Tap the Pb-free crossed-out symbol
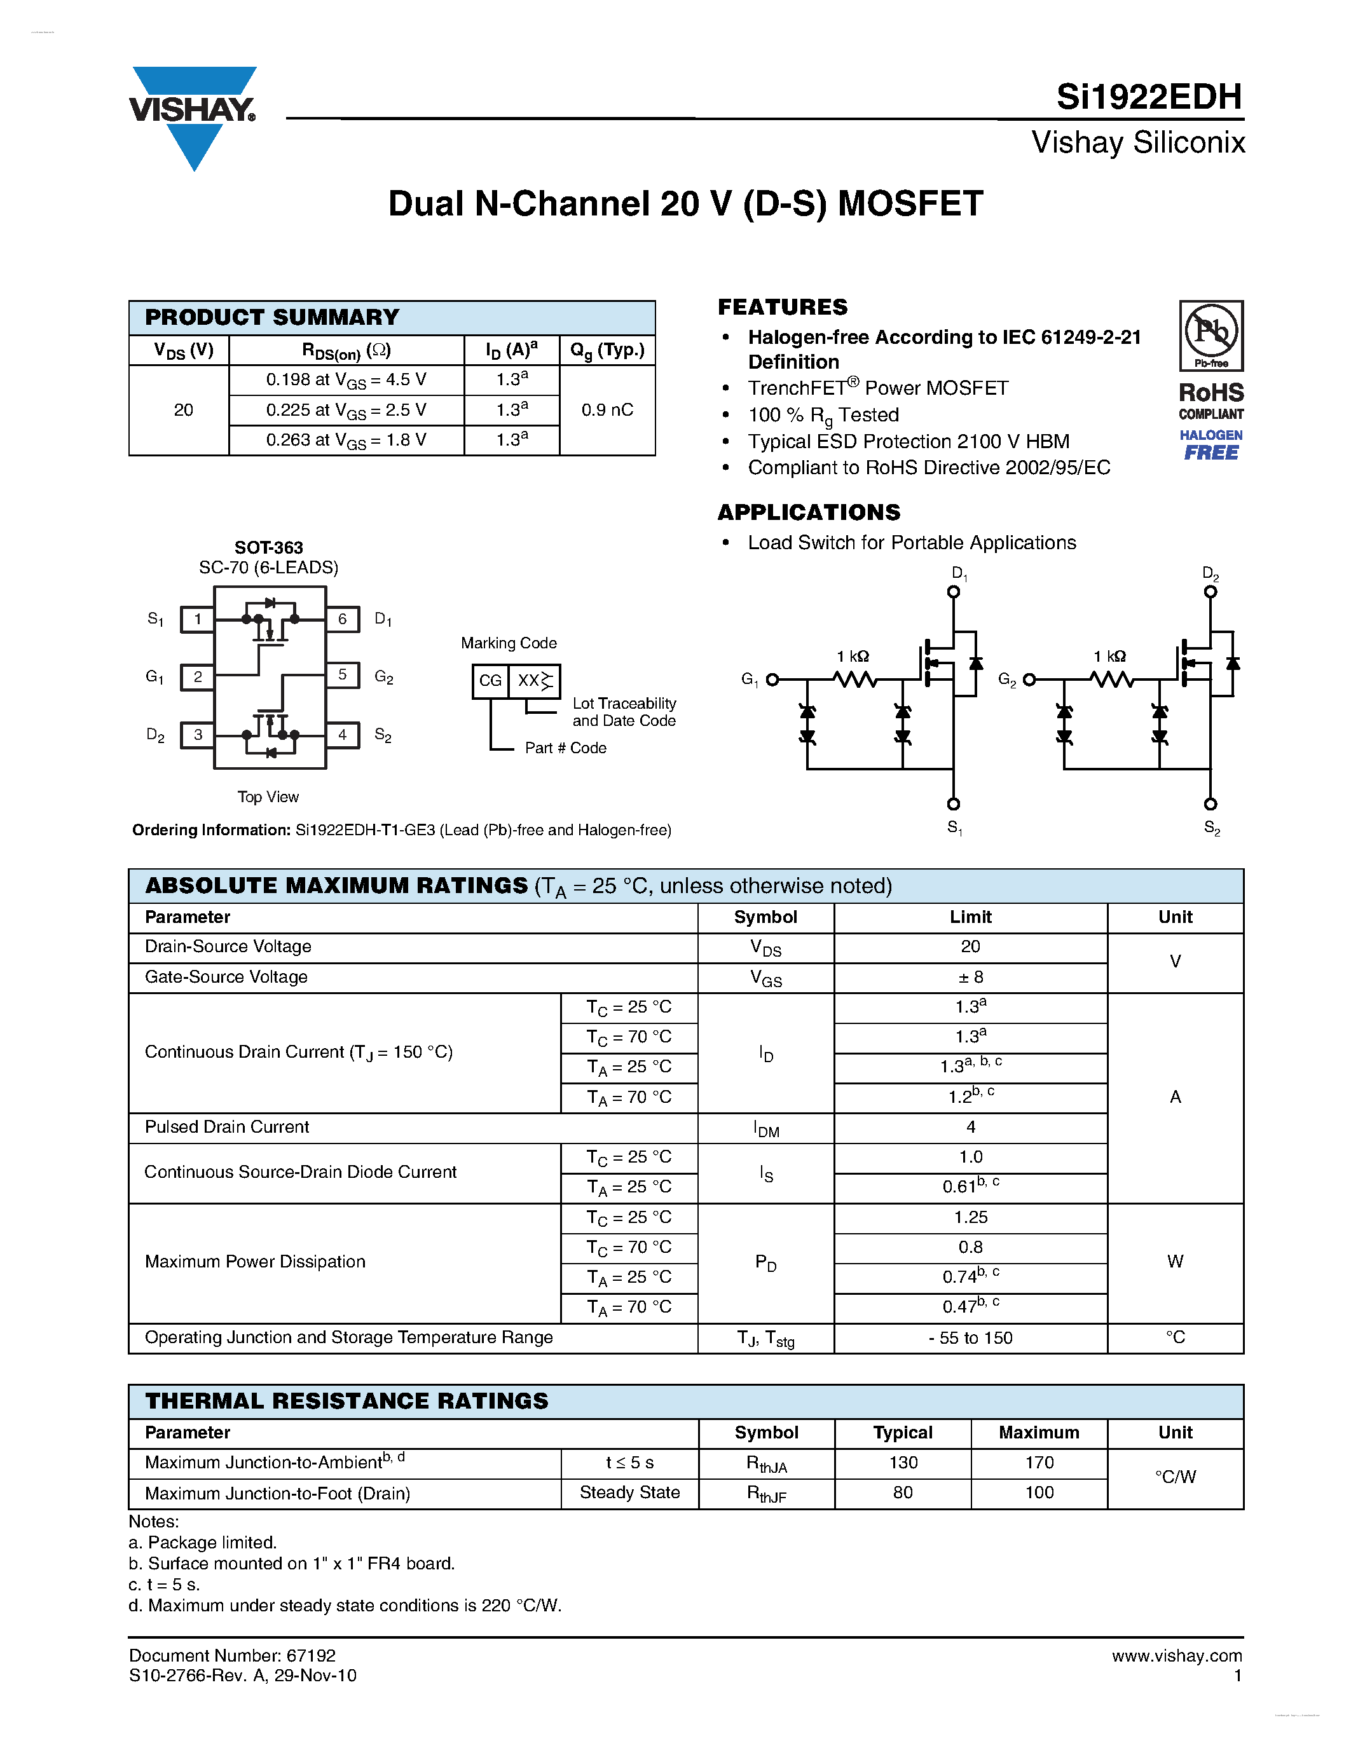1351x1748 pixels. pyautogui.click(x=1211, y=331)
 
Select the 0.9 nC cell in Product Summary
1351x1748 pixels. pyautogui.click(x=607, y=410)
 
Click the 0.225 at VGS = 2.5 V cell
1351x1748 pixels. pyautogui.click(x=346, y=410)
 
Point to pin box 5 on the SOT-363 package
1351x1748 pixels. pyautogui.click(x=343, y=674)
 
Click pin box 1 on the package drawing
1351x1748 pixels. pyautogui.click(x=198, y=618)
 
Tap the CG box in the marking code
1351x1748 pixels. pyautogui.click(x=490, y=680)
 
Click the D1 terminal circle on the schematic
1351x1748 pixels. pyautogui.click(x=953, y=592)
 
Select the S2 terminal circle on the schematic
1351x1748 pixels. pyautogui.click(x=1210, y=803)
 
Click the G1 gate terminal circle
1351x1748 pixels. pyautogui.click(x=772, y=679)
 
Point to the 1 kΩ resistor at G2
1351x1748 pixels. pyautogui.click(x=1112, y=679)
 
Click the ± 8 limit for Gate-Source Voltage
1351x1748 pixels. pyautogui.click(x=970, y=977)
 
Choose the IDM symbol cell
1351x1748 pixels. pyautogui.click(x=766, y=1128)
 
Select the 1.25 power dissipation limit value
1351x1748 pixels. pyautogui.click(x=970, y=1217)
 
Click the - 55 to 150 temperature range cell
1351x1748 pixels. pyautogui.click(x=970, y=1337)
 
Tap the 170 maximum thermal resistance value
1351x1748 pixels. pyautogui.click(x=1039, y=1462)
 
